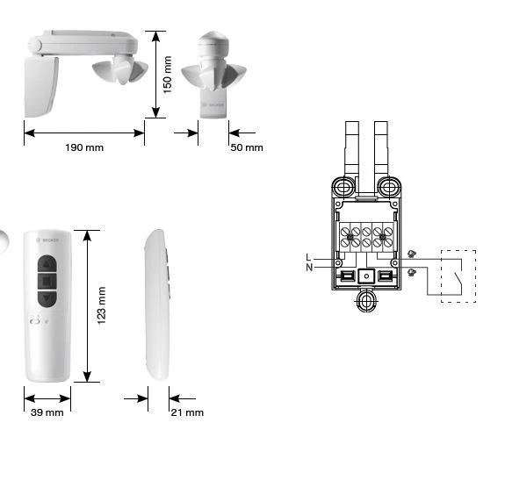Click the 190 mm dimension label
84,147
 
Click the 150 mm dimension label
168,75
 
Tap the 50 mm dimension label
247,147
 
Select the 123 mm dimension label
102,305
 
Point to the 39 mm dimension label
47,412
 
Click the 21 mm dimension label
187,412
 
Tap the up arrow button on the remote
47,265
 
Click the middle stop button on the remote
47,282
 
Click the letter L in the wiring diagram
308,257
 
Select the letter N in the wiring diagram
309,267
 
